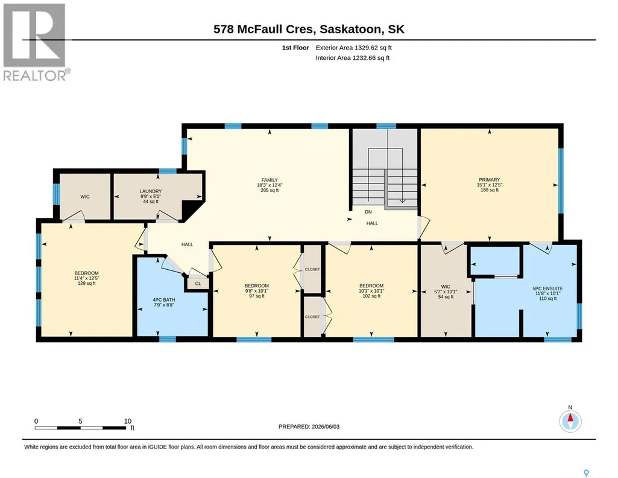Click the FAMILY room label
270,180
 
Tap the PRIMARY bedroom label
490,179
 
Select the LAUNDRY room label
151,191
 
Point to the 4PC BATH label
164,300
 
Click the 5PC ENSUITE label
548,288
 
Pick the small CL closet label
198,284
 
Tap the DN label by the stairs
368,212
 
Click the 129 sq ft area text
87,283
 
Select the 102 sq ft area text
371,296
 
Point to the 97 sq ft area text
257,296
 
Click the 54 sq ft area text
446,296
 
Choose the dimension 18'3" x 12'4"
270,185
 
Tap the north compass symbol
570,421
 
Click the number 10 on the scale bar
128,421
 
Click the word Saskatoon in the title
350,29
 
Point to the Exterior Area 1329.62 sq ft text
353,48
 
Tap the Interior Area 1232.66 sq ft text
352,58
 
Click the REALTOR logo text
36,75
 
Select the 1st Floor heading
295,48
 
